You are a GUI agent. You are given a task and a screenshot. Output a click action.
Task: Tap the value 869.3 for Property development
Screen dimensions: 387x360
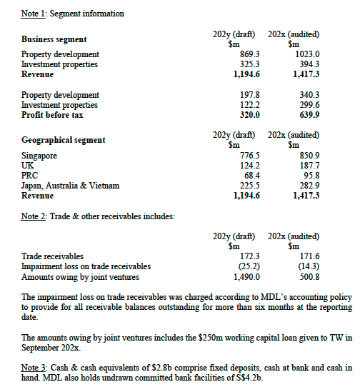click(x=245, y=54)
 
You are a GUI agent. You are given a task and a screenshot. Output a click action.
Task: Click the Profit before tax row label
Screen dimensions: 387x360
click(x=52, y=115)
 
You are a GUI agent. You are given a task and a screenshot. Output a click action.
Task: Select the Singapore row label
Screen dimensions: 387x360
click(x=39, y=156)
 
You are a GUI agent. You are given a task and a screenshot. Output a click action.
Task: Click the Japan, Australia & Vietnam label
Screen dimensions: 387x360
click(x=71, y=186)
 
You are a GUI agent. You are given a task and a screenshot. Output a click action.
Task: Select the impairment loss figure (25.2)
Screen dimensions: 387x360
click(x=245, y=266)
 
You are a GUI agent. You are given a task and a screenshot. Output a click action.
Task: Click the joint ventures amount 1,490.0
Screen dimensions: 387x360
click(x=243, y=276)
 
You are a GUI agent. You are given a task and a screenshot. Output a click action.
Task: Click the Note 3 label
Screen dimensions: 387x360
click(x=34, y=367)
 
